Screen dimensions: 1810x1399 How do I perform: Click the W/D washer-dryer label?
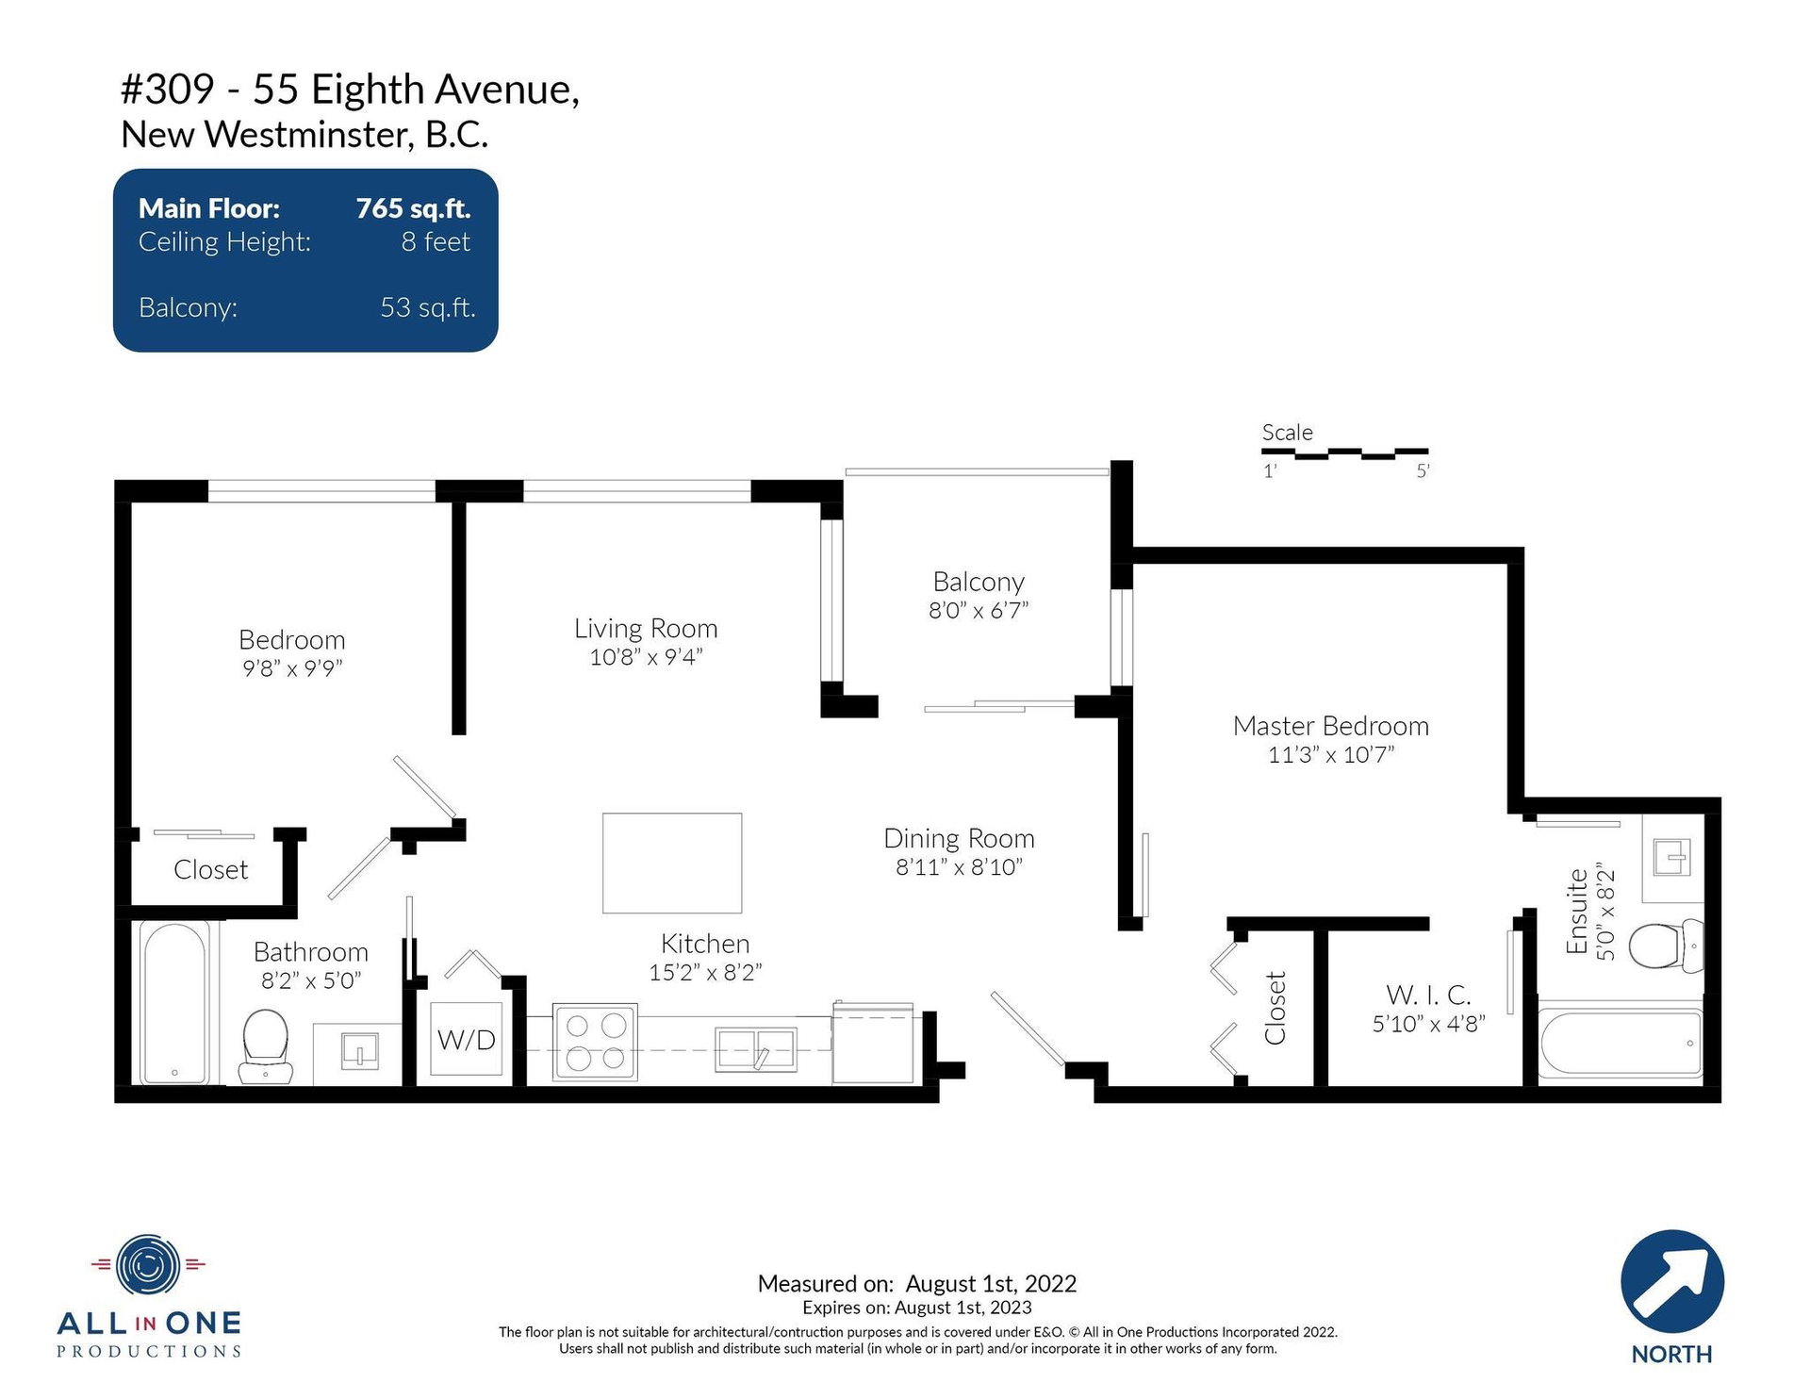tap(467, 1040)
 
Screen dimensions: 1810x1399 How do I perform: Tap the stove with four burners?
tap(595, 1042)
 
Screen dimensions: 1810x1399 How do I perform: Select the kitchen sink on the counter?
tap(756, 1049)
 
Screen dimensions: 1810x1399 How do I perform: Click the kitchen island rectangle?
tap(672, 863)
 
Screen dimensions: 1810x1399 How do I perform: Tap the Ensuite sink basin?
tap(1671, 858)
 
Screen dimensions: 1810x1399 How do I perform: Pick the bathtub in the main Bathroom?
tap(175, 1003)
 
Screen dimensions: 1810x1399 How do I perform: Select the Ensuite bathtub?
tap(1621, 1043)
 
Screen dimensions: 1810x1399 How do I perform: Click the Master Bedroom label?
tap(1330, 726)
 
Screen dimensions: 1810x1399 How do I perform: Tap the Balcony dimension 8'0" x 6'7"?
tap(979, 611)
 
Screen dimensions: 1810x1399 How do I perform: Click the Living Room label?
tap(646, 628)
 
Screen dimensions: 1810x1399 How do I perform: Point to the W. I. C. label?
tap(1428, 995)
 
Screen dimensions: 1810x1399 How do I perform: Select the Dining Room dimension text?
tap(959, 867)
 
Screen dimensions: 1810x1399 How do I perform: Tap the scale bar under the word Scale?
tap(1345, 453)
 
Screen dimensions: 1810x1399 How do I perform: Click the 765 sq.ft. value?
tap(413, 208)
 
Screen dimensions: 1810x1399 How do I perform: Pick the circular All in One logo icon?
tap(148, 1264)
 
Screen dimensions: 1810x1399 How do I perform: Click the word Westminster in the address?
tap(309, 135)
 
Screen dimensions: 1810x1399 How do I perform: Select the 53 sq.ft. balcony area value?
tap(428, 307)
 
